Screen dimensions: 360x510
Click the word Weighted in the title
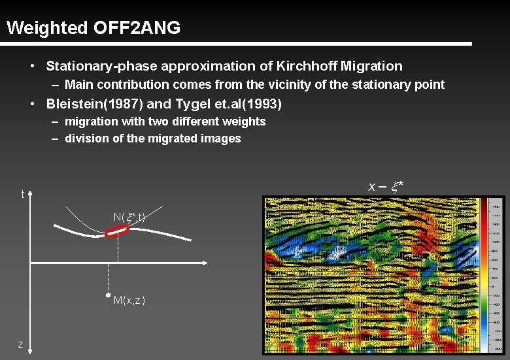click(x=46, y=28)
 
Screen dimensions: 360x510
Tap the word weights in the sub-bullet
click(x=245, y=122)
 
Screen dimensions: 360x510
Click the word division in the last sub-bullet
click(x=85, y=139)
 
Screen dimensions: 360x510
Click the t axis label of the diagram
click(x=23, y=194)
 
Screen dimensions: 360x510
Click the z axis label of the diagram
click(x=21, y=344)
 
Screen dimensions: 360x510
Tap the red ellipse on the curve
click(x=118, y=230)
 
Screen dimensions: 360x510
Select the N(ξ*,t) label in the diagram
click(x=129, y=217)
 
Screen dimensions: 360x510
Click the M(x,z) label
click(x=129, y=301)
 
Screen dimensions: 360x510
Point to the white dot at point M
click(x=109, y=296)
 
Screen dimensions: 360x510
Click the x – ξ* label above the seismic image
click(x=386, y=187)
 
